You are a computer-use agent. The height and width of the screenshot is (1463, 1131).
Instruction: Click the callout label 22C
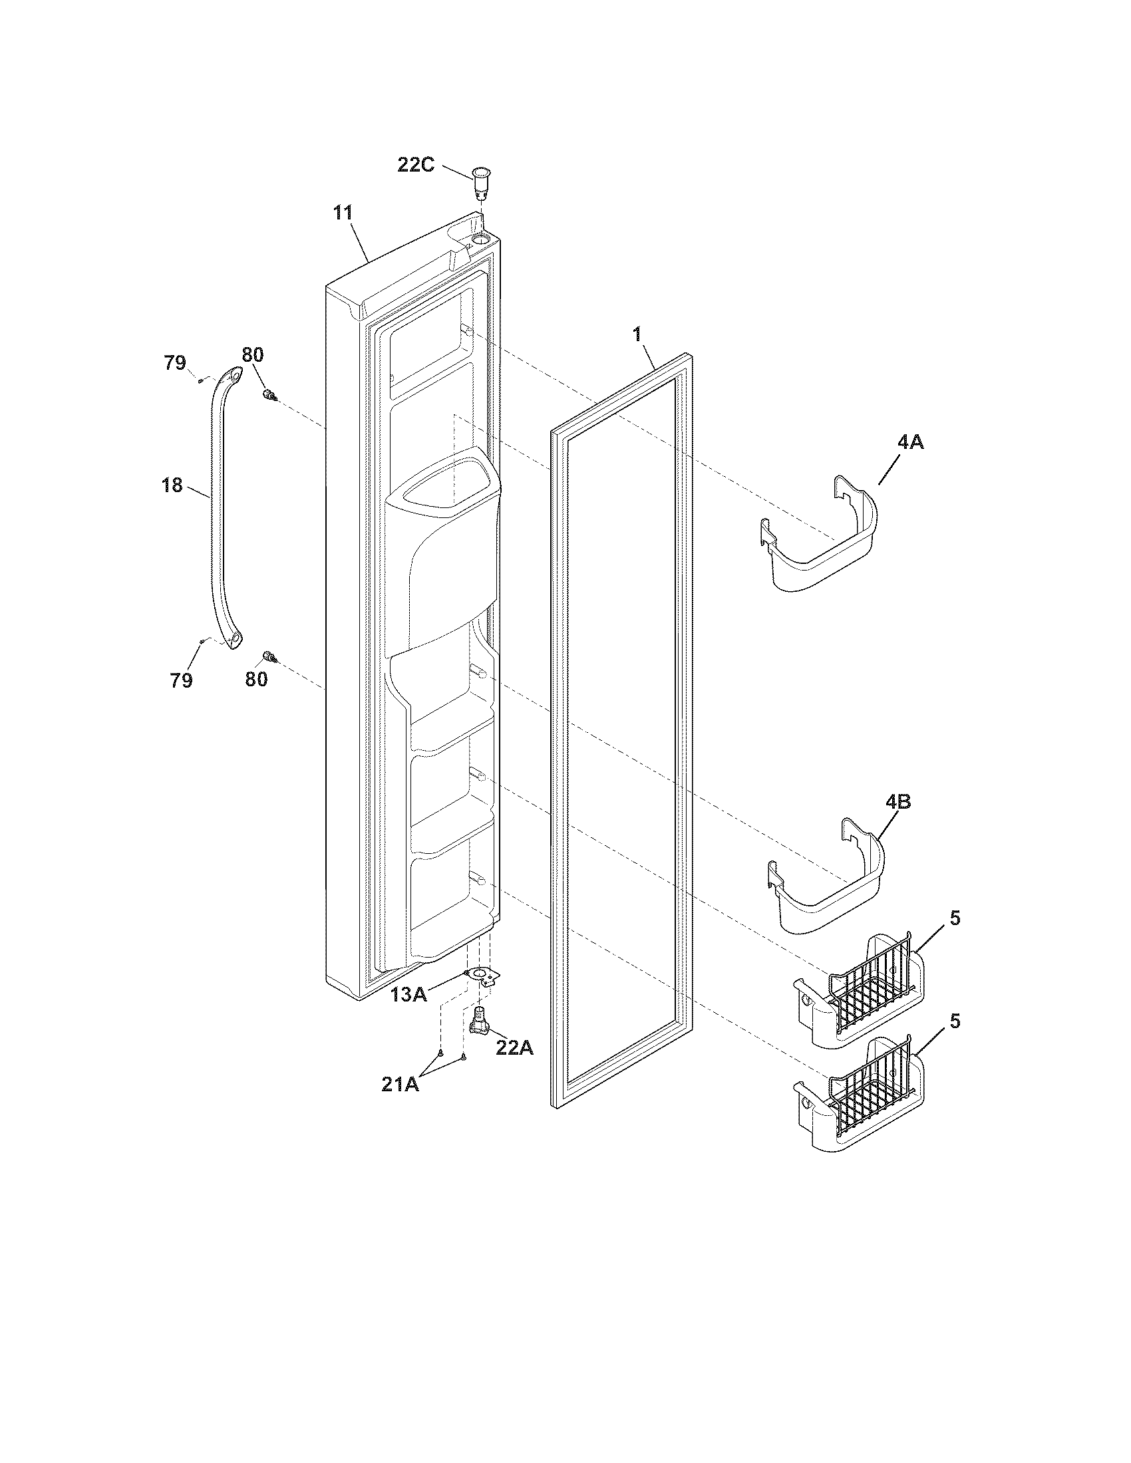coord(415,164)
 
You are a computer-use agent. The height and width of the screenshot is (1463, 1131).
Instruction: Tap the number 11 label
coord(343,213)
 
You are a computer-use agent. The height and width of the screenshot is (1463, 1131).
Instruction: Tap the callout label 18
coord(172,485)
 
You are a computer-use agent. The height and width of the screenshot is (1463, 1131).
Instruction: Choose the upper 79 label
coord(175,363)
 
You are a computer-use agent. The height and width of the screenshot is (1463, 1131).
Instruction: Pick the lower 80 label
coord(256,679)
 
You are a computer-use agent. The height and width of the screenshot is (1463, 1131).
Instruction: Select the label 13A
coord(409,995)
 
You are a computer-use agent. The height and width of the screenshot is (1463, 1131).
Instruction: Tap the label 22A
coord(514,1048)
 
